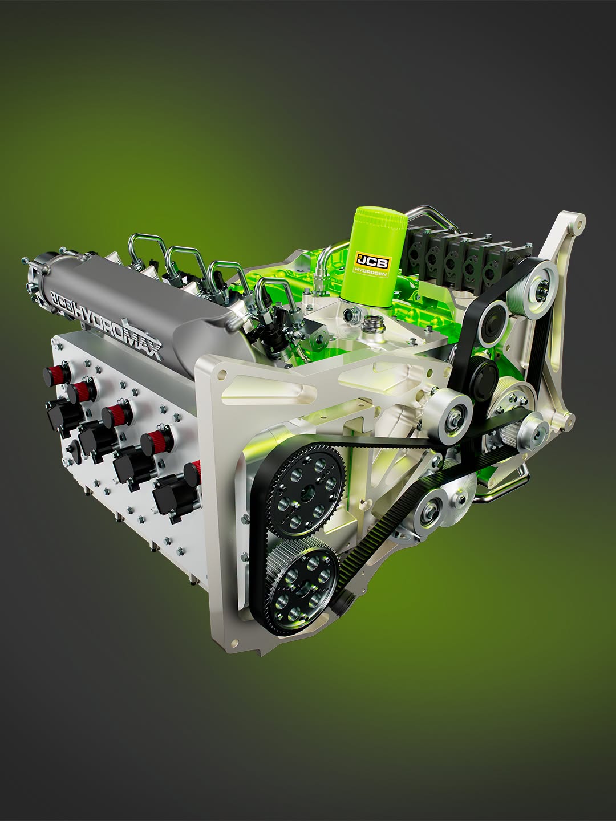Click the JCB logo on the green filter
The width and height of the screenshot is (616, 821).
point(373,261)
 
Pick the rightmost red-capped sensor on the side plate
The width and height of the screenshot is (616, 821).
point(195,474)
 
